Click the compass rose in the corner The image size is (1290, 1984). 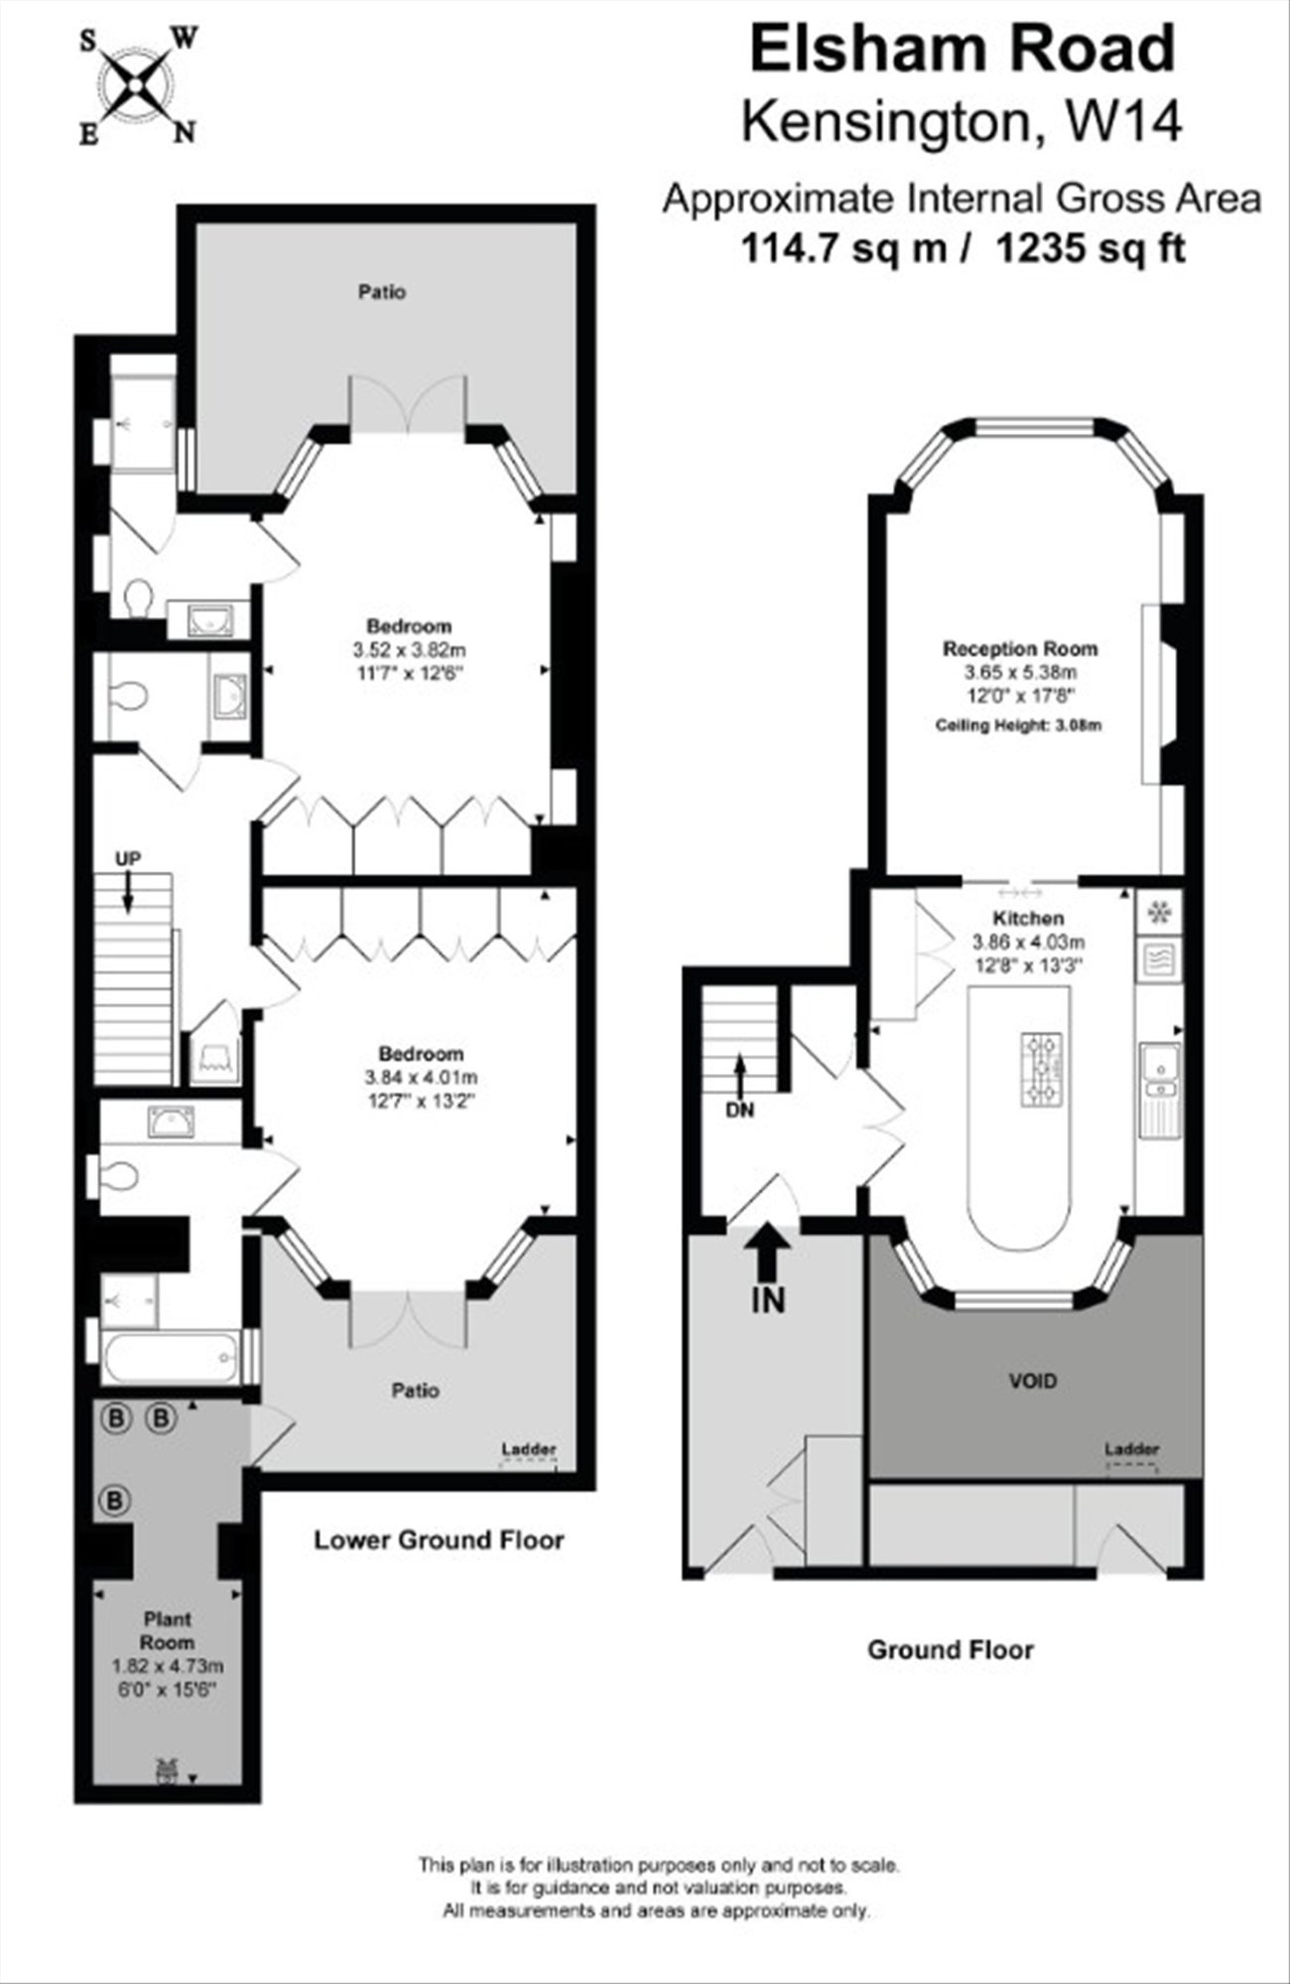(138, 86)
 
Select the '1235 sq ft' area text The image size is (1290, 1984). (1091, 248)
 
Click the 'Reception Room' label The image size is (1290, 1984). (1020, 649)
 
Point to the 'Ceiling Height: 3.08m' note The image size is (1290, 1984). (1019, 726)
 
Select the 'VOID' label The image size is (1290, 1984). (1033, 1381)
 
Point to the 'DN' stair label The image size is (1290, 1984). (740, 1111)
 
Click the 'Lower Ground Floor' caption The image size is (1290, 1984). (439, 1539)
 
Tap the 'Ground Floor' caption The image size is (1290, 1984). (951, 1650)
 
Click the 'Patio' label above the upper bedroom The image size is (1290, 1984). (382, 293)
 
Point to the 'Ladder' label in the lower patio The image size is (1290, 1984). (529, 1450)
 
